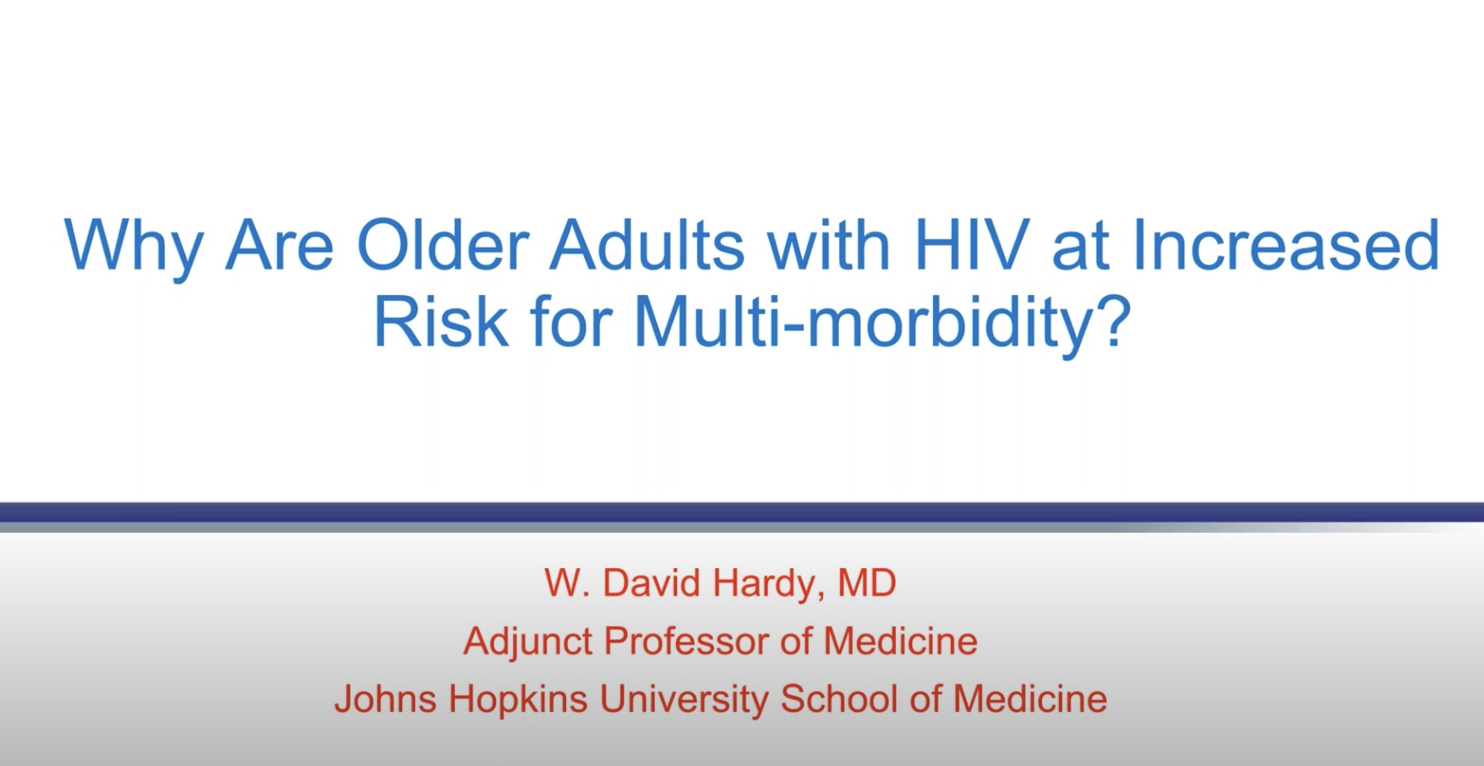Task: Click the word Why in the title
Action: tap(133, 248)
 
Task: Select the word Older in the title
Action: tap(442, 245)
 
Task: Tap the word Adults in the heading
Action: tap(647, 245)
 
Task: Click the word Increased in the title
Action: tap(1285, 245)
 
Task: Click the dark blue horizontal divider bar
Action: tap(742, 512)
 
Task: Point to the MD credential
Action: tap(866, 583)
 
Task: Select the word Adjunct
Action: tap(527, 643)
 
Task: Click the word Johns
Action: tap(385, 699)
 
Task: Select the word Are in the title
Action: tap(280, 245)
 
